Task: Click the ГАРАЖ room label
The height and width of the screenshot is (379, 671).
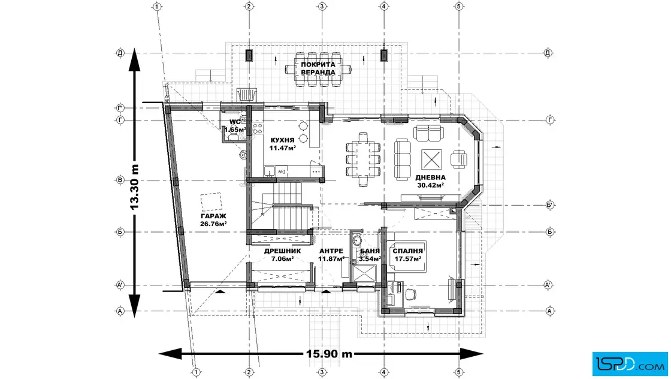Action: tap(213, 216)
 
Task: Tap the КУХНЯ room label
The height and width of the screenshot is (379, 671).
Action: tap(282, 140)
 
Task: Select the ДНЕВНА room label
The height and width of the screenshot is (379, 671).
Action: tap(430, 178)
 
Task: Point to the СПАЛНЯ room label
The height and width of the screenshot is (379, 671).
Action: tap(408, 251)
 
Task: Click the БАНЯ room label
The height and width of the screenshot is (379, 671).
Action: tap(370, 251)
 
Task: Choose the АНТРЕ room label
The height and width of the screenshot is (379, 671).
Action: tap(331, 251)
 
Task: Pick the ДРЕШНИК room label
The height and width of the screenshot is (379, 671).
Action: tap(282, 251)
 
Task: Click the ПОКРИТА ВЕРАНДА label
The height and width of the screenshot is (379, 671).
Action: tap(318, 68)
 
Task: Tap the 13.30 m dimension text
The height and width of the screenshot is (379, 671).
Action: tap(134, 187)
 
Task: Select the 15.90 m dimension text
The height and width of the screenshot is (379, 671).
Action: tap(329, 354)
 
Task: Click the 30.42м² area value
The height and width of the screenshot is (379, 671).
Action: tap(430, 185)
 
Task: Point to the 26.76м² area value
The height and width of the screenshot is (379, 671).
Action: tap(213, 224)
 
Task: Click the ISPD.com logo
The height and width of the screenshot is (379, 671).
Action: tap(630, 364)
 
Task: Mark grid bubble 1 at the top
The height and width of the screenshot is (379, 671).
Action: tap(157, 7)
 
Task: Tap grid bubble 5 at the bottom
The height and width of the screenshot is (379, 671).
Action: tap(459, 372)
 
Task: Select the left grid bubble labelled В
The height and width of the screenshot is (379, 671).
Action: tap(120, 181)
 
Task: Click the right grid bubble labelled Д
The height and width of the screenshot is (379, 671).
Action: tap(548, 53)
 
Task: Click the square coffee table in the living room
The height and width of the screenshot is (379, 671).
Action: tap(431, 160)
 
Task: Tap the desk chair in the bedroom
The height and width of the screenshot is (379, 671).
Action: tap(410, 294)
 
